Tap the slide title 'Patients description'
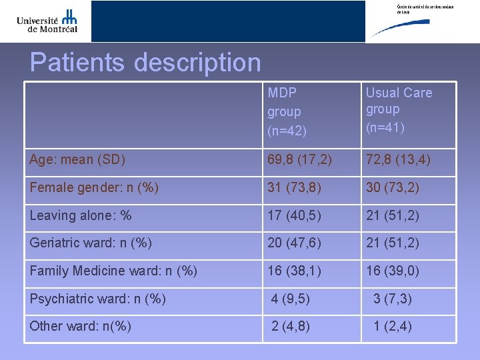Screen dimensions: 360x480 [145, 63]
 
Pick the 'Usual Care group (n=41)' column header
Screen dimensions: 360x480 [399, 109]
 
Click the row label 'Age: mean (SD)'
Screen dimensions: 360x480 [78, 160]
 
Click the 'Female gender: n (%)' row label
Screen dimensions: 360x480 [94, 188]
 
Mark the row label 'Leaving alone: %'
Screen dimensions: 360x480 [81, 215]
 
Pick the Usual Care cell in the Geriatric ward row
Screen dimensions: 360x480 [393, 243]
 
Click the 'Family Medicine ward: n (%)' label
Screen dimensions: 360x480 [113, 271]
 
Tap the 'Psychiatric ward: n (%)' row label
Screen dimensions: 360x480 [98, 298]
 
